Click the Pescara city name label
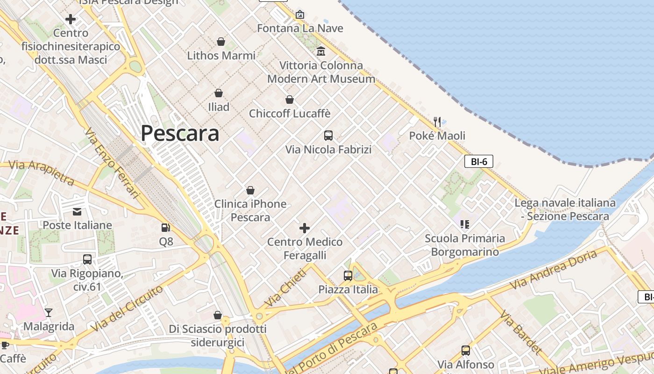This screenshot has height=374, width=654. coord(180,133)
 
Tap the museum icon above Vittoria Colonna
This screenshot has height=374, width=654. coord(321,51)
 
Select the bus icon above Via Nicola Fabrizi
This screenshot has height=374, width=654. coord(328,136)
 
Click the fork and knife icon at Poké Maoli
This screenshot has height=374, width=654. coord(437,122)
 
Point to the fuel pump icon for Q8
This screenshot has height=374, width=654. coord(165,228)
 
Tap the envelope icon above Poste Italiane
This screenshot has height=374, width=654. coord(77,212)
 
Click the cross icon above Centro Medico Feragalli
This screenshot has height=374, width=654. coord(305,228)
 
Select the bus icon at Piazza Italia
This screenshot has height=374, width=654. coord(348,276)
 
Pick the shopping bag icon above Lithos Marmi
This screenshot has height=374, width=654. coord(221,42)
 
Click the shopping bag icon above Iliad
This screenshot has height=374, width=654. coord(218,93)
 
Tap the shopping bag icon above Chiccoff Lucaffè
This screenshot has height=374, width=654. coord(290,100)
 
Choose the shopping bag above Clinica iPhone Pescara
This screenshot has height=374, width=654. coord(250,190)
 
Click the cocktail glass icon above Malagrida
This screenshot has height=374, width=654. coord(49,312)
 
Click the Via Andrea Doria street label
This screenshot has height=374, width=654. coord(553,270)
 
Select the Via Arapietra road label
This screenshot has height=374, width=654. coord(42,172)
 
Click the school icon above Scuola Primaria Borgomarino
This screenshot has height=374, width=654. coord(464,224)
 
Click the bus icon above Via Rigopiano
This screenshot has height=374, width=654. coord(87,259)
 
